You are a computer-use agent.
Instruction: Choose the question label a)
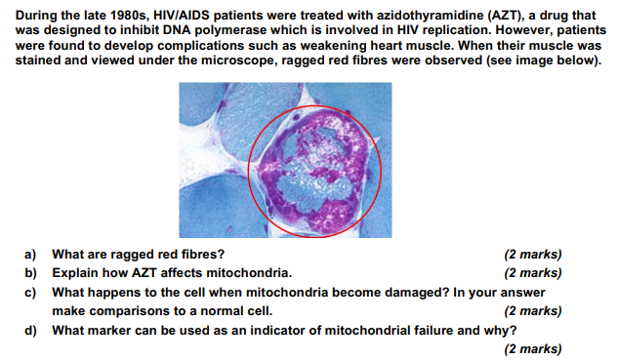(x=30, y=255)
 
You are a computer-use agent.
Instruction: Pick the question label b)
(x=30, y=273)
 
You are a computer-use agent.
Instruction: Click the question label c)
(x=30, y=292)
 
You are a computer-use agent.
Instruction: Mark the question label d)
(x=30, y=330)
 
